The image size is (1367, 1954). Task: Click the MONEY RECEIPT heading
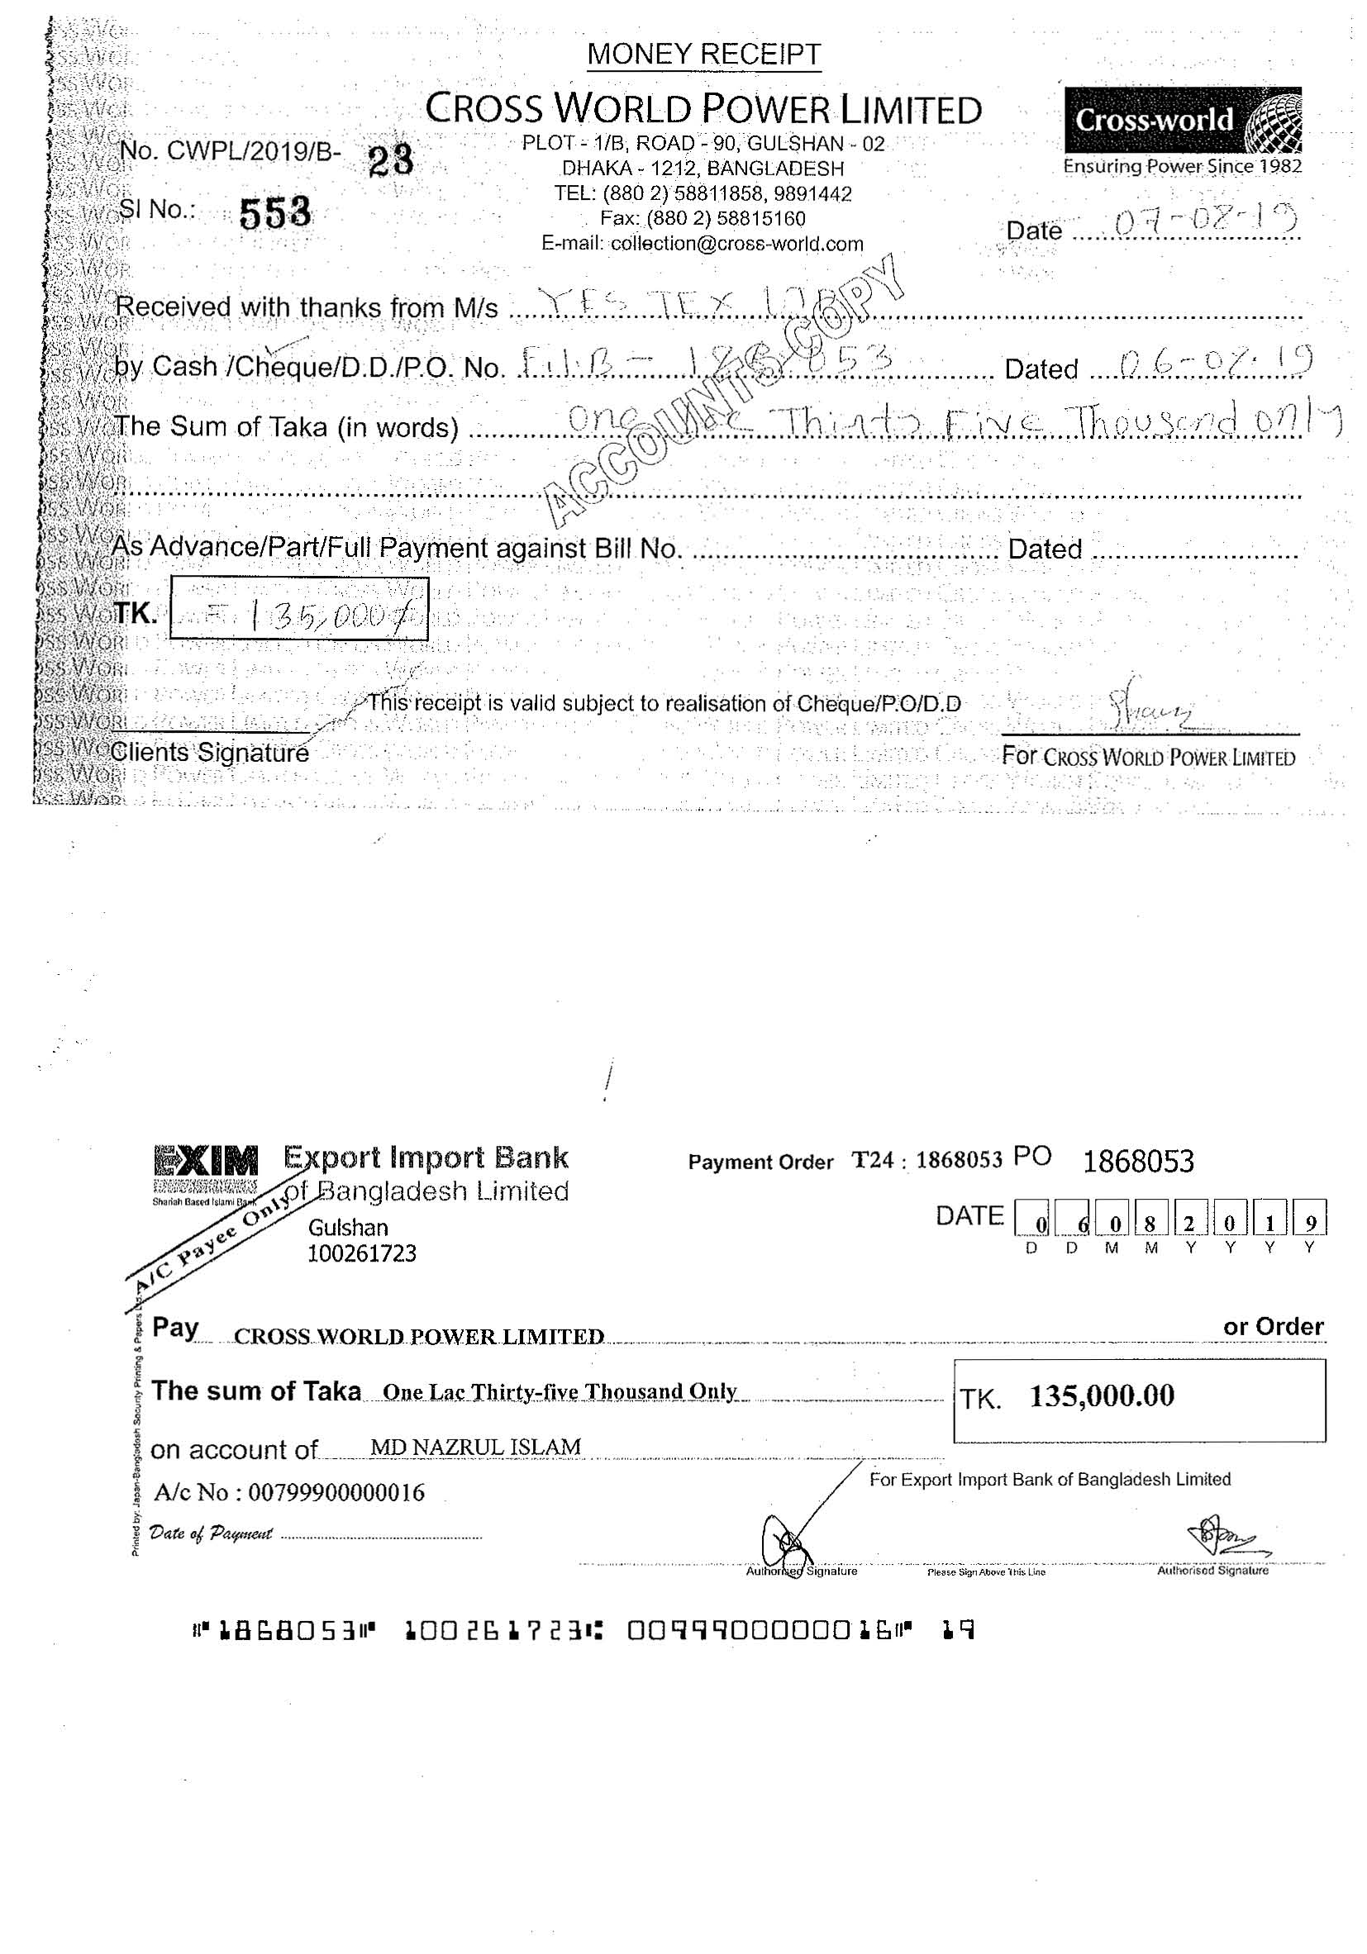click(703, 55)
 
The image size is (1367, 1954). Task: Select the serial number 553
click(275, 213)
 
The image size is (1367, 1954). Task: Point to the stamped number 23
click(391, 159)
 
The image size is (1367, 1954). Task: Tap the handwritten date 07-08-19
click(1203, 222)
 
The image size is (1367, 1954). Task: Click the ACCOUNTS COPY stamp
click(723, 392)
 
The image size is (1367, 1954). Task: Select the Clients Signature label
click(209, 753)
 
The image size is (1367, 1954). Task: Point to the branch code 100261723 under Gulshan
click(362, 1253)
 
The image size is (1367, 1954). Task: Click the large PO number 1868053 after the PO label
click(1137, 1161)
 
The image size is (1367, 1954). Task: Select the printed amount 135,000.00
click(1102, 1395)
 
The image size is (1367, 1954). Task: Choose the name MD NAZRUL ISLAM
click(476, 1447)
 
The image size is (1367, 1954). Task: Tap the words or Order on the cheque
click(1273, 1327)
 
